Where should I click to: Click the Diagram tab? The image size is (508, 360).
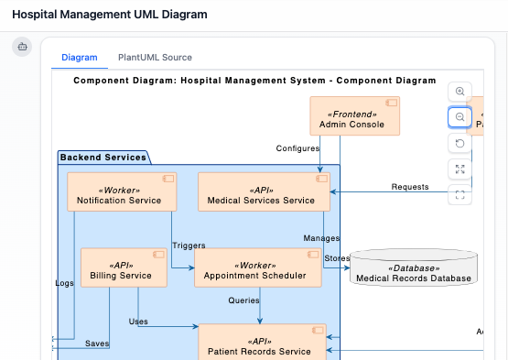(x=79, y=58)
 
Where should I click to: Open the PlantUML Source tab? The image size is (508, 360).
(x=155, y=58)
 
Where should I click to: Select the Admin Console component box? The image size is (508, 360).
(x=351, y=116)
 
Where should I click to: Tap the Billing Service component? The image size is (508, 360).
(x=121, y=267)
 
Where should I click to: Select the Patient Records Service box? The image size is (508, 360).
(x=261, y=344)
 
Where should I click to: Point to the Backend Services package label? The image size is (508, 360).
(x=103, y=158)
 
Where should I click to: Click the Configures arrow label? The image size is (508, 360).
(x=297, y=147)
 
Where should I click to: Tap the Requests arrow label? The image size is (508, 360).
(x=410, y=187)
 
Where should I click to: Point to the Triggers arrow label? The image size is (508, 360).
(x=189, y=245)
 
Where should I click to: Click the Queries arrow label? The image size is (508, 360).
(x=243, y=300)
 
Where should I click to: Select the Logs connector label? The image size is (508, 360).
(x=64, y=284)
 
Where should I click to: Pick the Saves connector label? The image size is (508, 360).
(x=97, y=344)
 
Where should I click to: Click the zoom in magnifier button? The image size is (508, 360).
(x=459, y=92)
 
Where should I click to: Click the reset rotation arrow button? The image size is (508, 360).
(x=459, y=143)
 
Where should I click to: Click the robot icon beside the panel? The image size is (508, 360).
(x=23, y=47)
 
